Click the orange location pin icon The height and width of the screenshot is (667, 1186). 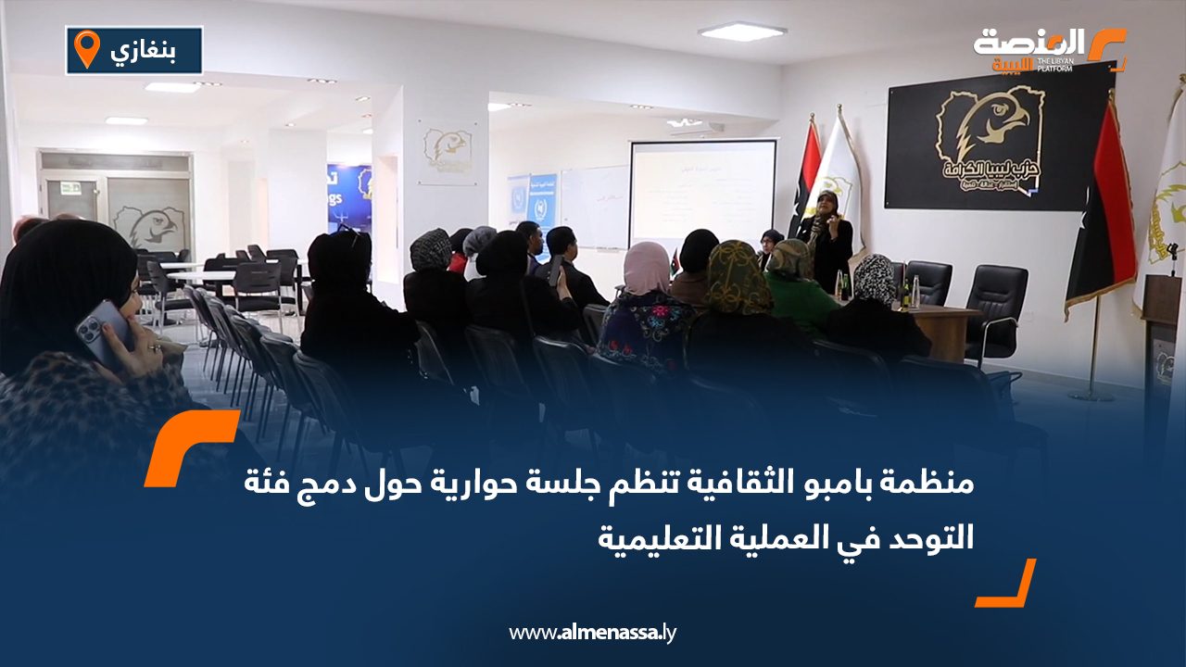pyautogui.click(x=86, y=49)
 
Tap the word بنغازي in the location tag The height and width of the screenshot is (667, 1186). pyautogui.click(x=150, y=50)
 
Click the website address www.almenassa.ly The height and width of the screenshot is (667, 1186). pyautogui.click(x=593, y=633)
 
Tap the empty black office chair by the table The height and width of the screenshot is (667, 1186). pyautogui.click(x=997, y=310)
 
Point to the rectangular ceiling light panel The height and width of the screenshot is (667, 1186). pyautogui.click(x=741, y=31)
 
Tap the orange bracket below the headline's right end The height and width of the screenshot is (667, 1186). pyautogui.click(x=1008, y=585)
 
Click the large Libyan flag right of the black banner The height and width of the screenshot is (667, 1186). pyautogui.click(x=1104, y=208)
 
